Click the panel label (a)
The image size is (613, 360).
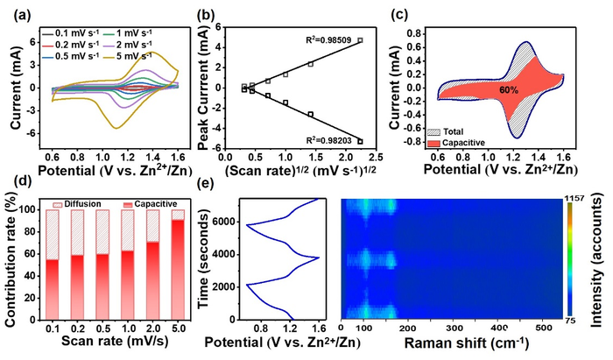click(15, 11)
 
